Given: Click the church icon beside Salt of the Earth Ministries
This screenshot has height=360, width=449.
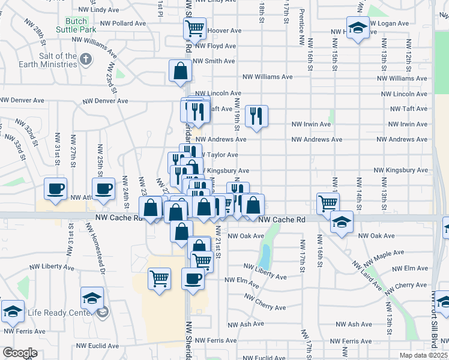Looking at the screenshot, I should click(x=86, y=59).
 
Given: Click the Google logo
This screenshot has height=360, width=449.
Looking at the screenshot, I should click(x=19, y=353).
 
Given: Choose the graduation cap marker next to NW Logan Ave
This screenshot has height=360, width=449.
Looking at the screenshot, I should click(x=358, y=28).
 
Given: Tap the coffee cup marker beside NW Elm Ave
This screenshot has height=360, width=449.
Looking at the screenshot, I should click(x=193, y=278).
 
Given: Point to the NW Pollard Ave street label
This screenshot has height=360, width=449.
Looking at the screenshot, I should click(x=123, y=23).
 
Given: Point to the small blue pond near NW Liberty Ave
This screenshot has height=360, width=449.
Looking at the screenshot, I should click(x=264, y=256).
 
